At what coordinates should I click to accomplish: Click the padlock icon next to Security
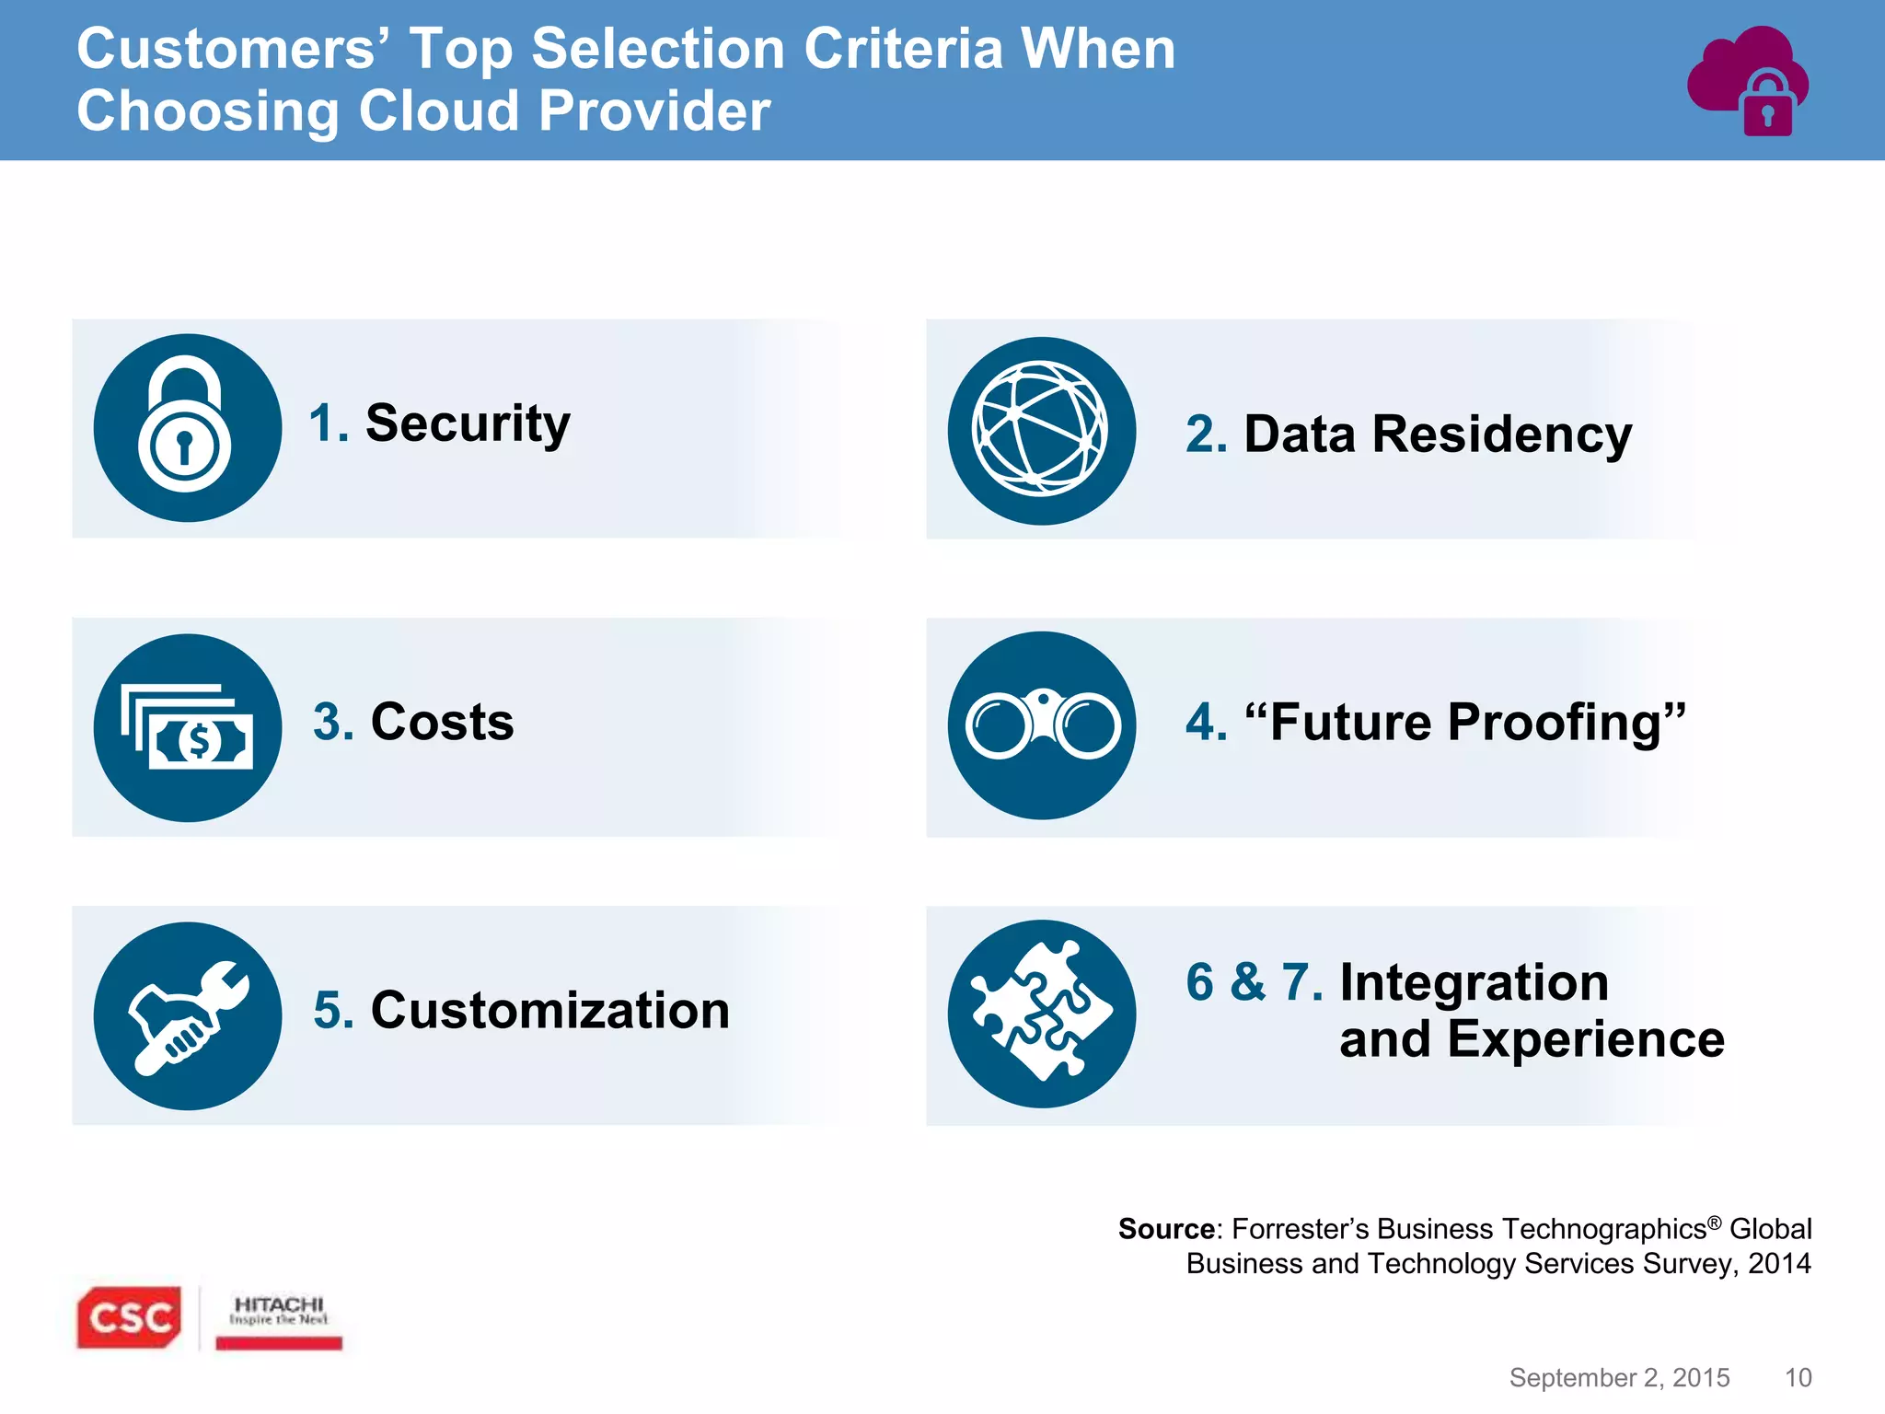[187, 427]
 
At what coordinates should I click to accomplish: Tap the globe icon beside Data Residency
[1041, 430]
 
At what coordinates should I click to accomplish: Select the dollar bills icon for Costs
[187, 727]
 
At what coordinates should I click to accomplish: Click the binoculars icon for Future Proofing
[1041, 725]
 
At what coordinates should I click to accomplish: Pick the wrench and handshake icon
[187, 1015]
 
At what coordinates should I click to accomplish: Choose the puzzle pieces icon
[1041, 1014]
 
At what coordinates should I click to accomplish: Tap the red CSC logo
[129, 1317]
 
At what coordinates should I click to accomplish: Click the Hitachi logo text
[279, 1305]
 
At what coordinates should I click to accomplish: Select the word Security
[468, 423]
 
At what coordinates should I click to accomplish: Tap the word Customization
[549, 1010]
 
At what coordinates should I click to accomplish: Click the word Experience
[1585, 1039]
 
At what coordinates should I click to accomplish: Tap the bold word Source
[1165, 1229]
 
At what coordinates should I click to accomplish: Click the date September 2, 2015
[1619, 1377]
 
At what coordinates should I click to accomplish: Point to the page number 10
[1798, 1377]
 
